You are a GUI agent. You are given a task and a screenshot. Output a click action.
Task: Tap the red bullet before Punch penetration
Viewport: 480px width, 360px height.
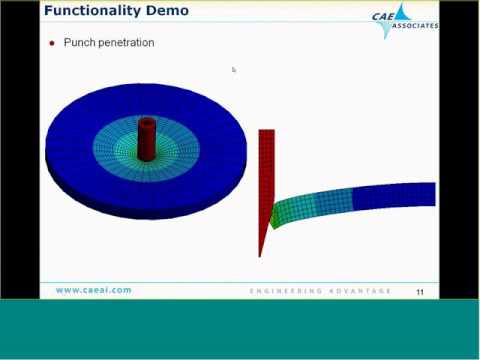[x=52, y=44]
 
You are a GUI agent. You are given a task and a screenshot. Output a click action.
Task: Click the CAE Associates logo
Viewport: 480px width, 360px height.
[x=406, y=19]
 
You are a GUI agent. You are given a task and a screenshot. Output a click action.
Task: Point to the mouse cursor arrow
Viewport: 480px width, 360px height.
[x=233, y=69]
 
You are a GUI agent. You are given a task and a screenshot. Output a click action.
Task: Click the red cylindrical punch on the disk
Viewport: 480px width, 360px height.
[x=148, y=140]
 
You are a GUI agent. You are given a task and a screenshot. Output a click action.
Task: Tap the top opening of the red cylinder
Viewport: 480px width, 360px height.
[x=148, y=122]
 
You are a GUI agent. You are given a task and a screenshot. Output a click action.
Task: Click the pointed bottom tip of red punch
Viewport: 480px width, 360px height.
[x=260, y=253]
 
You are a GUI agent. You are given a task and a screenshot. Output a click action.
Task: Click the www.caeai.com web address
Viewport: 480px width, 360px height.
[x=93, y=290]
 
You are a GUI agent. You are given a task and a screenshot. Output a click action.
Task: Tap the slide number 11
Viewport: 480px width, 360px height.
[x=420, y=291]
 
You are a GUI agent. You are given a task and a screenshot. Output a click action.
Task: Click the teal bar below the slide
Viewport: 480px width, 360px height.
[x=240, y=330]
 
